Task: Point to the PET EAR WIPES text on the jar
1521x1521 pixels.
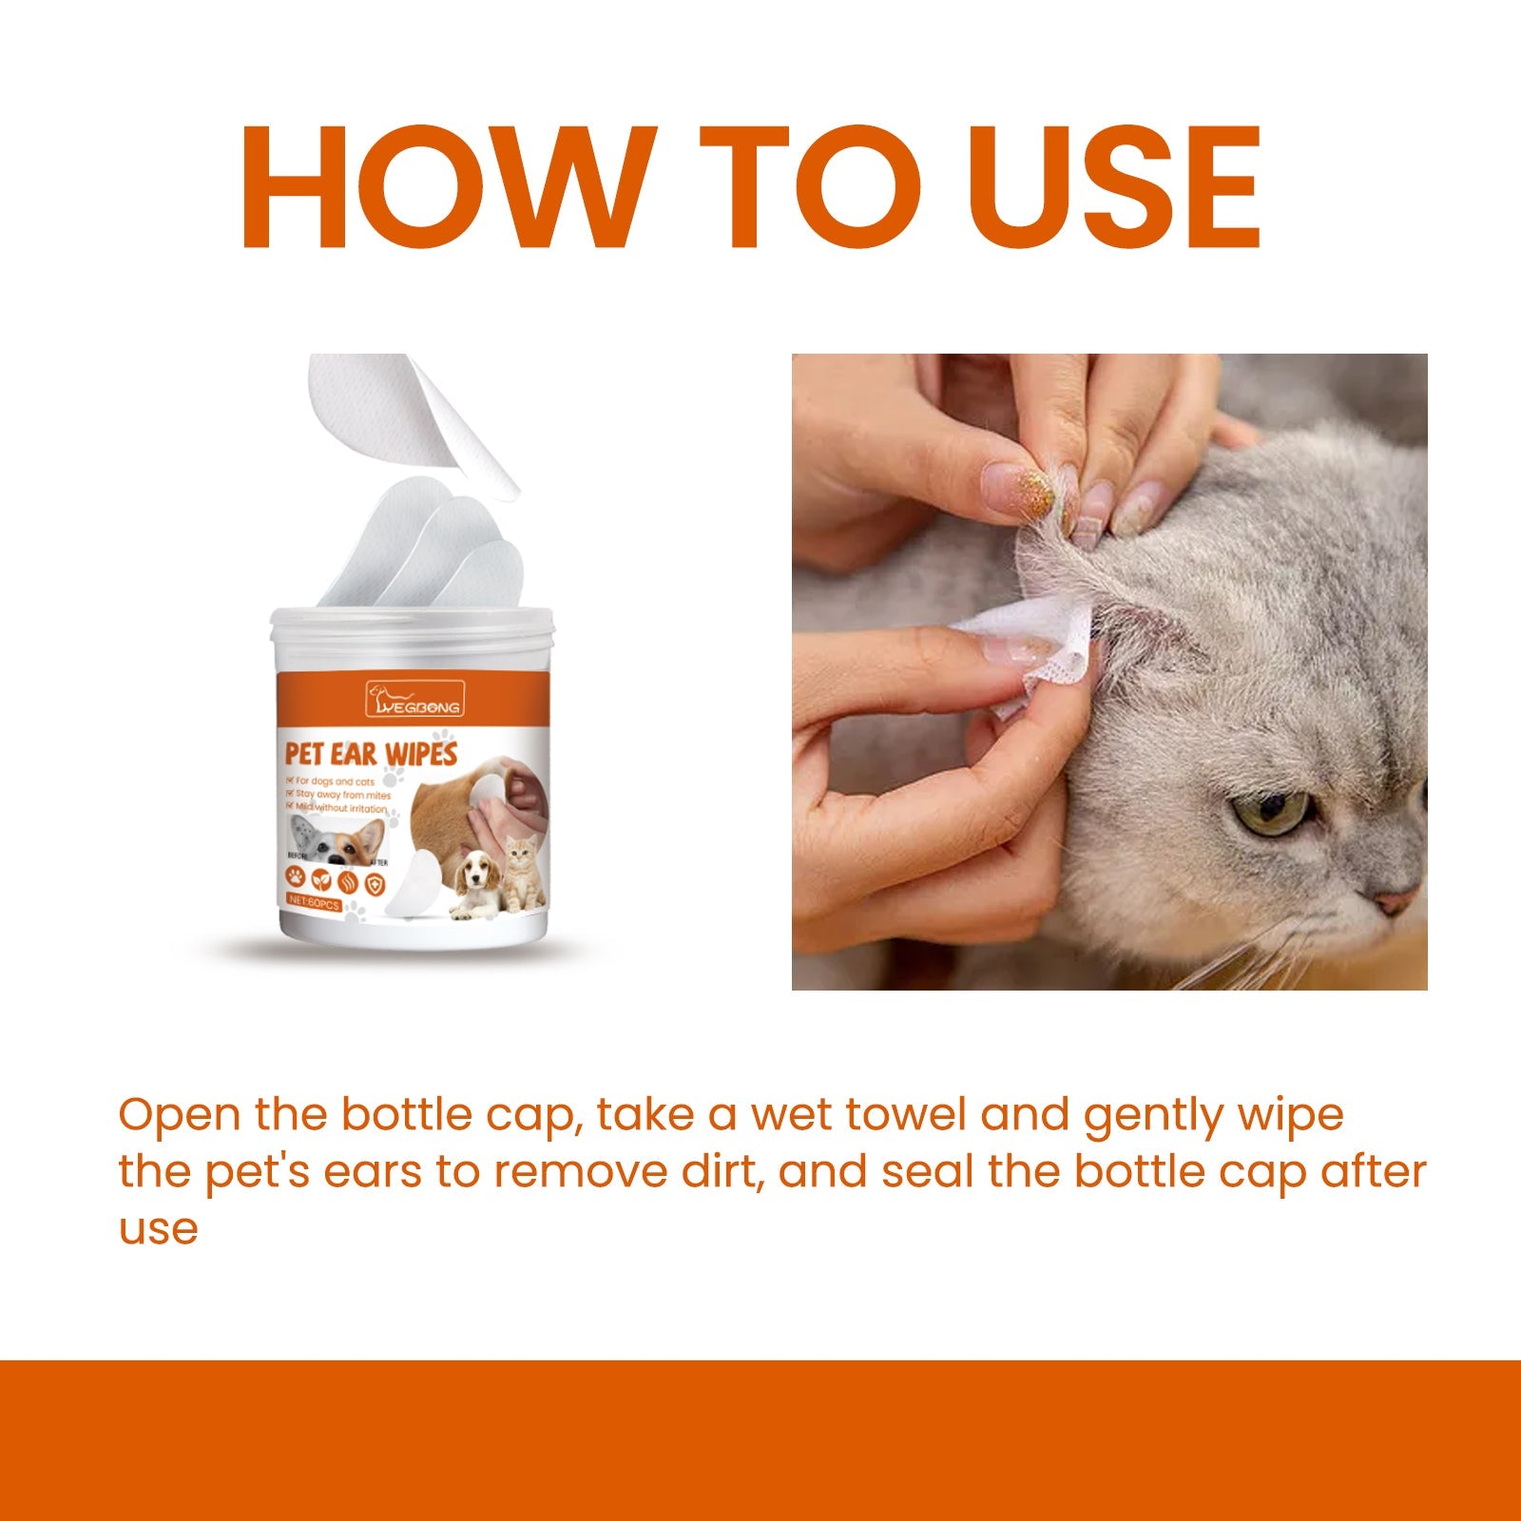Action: coord(372,754)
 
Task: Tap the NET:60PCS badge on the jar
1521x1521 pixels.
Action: coord(314,905)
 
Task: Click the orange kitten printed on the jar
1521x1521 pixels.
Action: coord(523,872)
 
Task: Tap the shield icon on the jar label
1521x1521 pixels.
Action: coord(375,884)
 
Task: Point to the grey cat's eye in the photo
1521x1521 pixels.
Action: coord(1272,813)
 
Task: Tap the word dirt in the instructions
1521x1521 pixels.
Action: coord(722,1171)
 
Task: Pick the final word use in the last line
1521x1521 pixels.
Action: coord(158,1227)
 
